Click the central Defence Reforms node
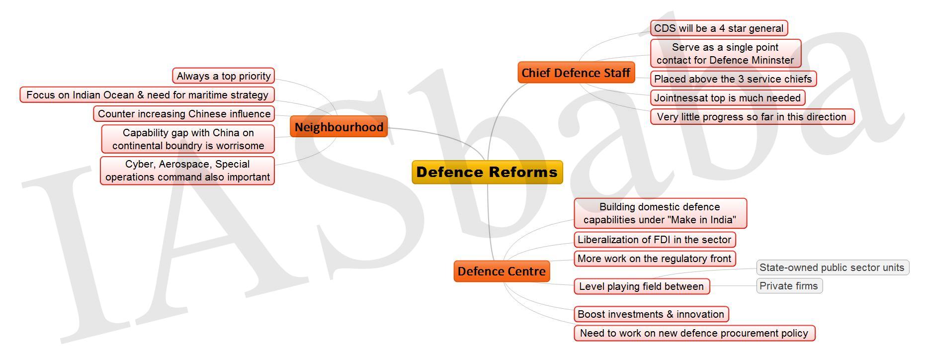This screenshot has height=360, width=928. click(487, 172)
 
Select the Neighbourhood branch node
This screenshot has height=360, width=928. click(338, 127)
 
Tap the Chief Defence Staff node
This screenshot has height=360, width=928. click(576, 73)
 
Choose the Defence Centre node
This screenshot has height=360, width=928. click(502, 271)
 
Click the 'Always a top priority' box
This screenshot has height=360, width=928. click(224, 76)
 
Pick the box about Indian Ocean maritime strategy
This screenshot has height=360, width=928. click(147, 95)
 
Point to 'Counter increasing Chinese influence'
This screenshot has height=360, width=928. click(184, 114)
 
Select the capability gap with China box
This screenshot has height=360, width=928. click(188, 139)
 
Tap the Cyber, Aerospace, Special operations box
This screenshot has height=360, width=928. click(187, 171)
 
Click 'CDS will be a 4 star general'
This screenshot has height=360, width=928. click(719, 28)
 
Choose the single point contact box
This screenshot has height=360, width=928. click(725, 54)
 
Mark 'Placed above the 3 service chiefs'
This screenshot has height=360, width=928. click(733, 79)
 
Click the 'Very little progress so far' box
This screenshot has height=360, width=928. click(752, 117)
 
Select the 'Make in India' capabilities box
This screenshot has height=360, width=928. click(660, 213)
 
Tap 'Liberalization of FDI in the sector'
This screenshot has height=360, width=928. click(654, 240)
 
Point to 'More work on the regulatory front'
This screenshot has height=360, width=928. click(654, 259)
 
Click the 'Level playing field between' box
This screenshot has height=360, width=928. click(641, 286)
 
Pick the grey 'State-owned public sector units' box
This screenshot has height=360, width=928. click(832, 268)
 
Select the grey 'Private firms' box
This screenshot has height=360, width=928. click(789, 286)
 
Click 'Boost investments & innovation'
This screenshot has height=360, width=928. click(651, 314)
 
